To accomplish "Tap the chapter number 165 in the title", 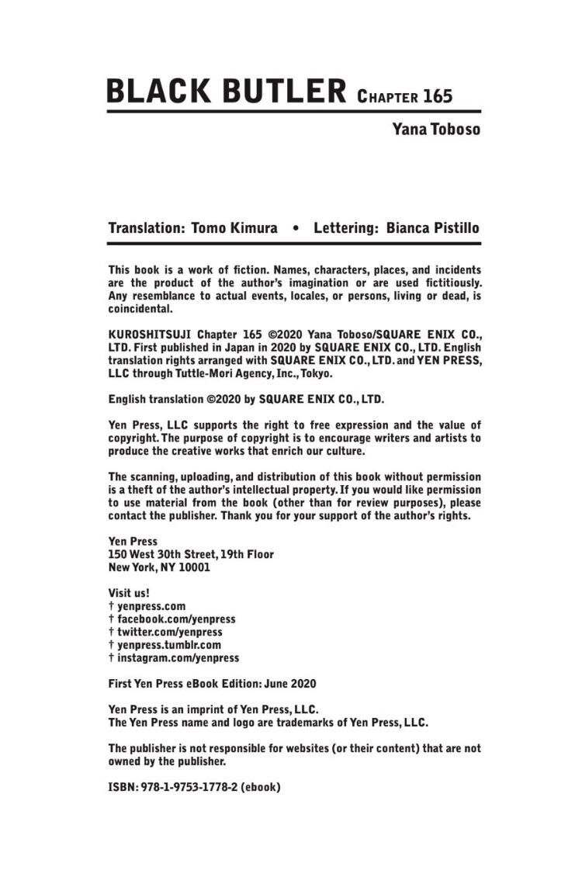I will pos(438,97).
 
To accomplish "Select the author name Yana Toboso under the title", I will pos(435,129).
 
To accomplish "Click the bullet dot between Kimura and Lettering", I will pos(296,229).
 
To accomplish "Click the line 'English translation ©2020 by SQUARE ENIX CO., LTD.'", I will pos(246,400).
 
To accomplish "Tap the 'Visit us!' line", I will pos(129,593).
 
